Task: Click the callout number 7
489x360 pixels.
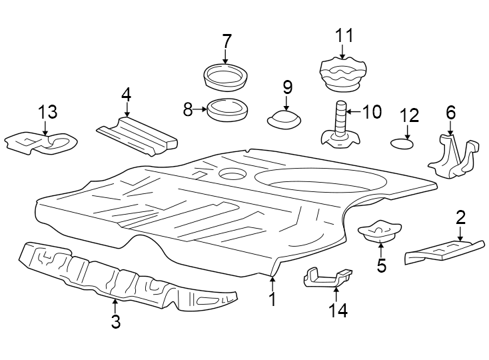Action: point(227,41)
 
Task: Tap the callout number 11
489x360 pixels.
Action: point(344,35)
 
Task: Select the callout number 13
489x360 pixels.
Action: point(47,111)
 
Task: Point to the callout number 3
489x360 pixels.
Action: point(115,322)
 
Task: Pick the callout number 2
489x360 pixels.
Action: point(460,217)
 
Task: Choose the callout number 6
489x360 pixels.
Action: point(451,112)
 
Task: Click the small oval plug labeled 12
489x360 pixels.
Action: point(400,143)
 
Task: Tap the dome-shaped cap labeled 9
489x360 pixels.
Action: point(284,120)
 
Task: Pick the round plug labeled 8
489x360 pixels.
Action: point(226,109)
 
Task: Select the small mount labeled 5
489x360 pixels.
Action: point(378,233)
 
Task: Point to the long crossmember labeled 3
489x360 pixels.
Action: point(120,279)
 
